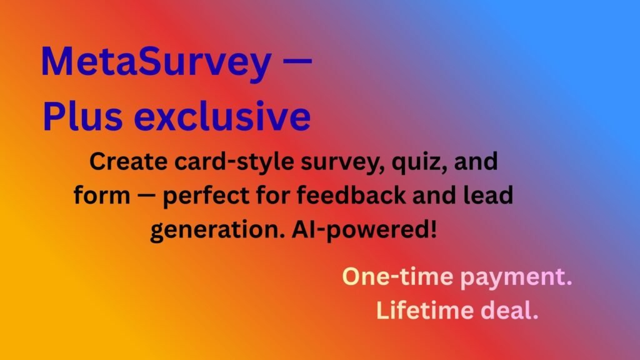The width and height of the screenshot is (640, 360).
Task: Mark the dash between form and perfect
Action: pos(144,196)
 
